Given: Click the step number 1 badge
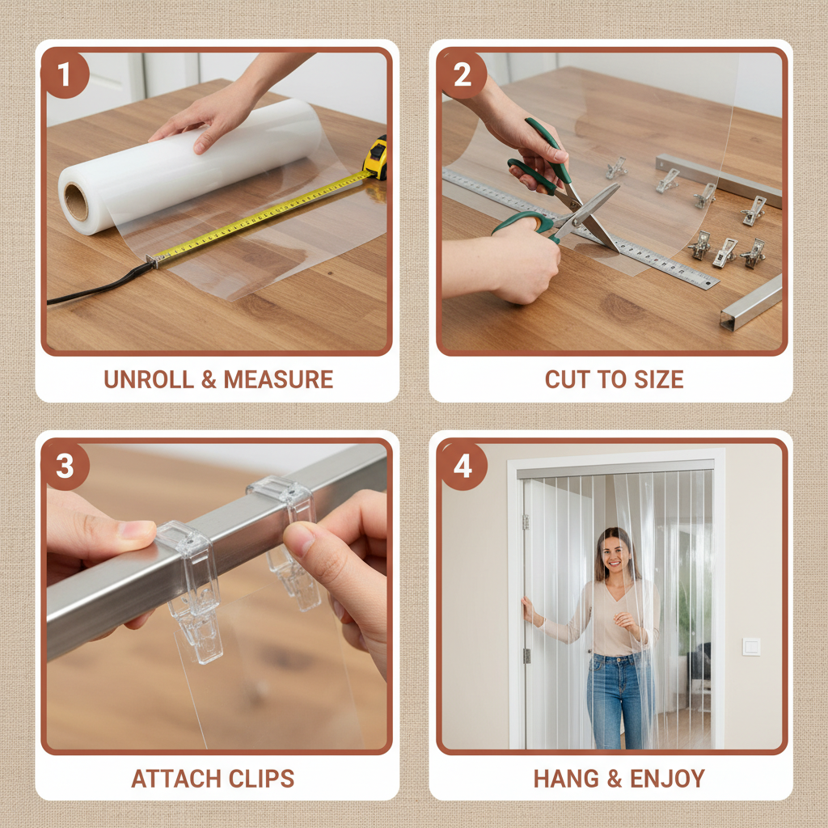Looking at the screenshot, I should [x=64, y=74].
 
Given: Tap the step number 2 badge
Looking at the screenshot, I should [x=462, y=74].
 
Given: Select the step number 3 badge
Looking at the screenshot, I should [x=64, y=466].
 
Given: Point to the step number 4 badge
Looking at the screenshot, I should [x=462, y=466].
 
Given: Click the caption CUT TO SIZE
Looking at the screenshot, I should [x=614, y=379].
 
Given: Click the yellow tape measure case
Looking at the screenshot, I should [x=375, y=158].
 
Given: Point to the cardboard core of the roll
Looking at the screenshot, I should [x=76, y=202].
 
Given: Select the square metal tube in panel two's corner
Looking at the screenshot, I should [x=750, y=304].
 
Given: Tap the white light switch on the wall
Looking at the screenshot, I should [x=751, y=646].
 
